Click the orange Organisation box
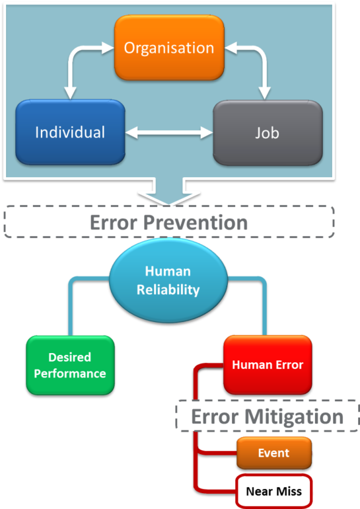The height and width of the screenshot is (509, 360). [x=169, y=48]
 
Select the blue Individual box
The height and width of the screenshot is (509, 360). [x=70, y=132]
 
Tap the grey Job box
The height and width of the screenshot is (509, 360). [x=267, y=133]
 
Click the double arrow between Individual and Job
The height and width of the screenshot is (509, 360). [x=168, y=133]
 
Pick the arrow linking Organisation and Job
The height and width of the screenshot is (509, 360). [x=262, y=66]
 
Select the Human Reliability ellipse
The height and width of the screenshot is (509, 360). [x=168, y=280]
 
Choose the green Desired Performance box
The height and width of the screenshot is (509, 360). [x=70, y=365]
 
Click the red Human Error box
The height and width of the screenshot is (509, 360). [x=268, y=364]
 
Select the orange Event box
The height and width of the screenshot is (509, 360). [x=273, y=453]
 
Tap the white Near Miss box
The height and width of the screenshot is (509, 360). [x=273, y=491]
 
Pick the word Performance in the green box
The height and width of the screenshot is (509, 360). [x=70, y=373]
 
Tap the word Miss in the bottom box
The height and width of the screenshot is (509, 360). [x=289, y=491]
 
